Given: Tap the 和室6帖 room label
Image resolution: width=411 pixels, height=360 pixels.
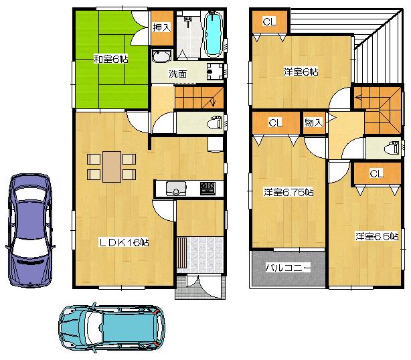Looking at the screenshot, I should (110, 59).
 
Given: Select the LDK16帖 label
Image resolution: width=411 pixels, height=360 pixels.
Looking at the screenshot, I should (125, 243).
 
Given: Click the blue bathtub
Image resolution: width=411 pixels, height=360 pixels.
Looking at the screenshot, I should (214, 34).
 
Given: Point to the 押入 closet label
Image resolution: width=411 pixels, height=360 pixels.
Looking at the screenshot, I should (161, 27).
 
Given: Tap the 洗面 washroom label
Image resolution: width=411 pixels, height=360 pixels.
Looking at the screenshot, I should (178, 74).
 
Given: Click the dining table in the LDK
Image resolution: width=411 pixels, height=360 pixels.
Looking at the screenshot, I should (112, 166).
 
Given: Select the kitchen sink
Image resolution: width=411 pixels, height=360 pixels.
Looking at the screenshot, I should (176, 189).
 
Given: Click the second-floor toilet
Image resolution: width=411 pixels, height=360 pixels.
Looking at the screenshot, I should (392, 147).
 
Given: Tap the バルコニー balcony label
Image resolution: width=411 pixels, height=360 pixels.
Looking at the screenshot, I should (288, 268).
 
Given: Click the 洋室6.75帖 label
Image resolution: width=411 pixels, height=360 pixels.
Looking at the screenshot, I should (289, 193).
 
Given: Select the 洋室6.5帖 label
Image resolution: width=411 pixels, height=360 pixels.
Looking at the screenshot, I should (376, 236).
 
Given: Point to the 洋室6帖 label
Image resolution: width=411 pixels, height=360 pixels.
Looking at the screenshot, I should (301, 72).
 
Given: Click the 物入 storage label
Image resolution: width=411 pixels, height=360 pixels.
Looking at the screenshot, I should (313, 123).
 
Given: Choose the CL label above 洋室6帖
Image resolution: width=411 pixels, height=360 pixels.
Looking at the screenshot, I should (269, 22).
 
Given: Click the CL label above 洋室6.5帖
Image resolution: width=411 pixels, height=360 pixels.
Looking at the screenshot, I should (376, 173).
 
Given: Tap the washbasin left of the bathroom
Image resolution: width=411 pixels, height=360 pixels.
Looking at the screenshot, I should (161, 56).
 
